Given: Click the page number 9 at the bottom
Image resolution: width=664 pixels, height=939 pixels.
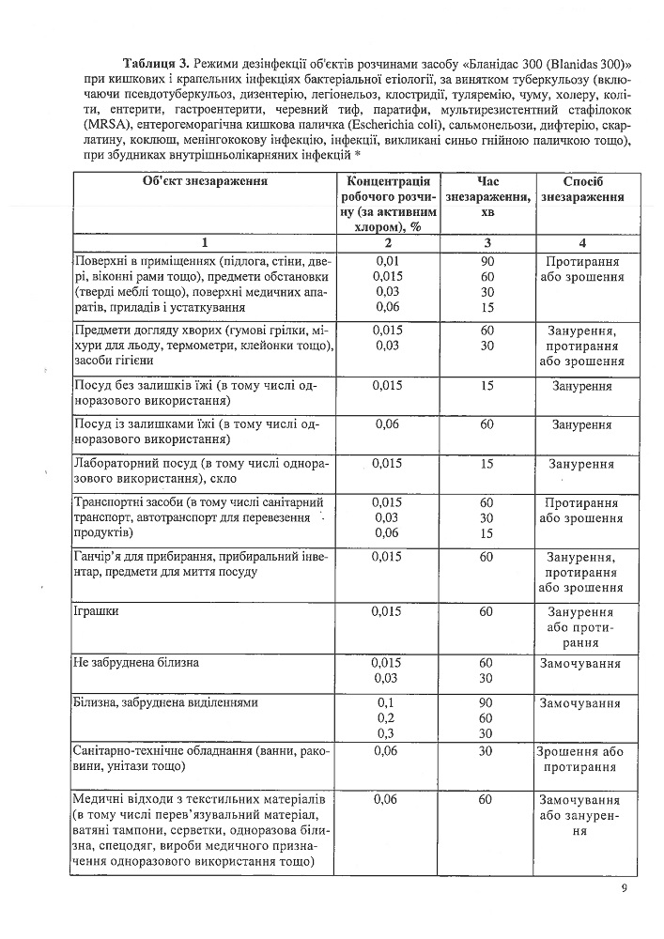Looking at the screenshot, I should click(623, 889).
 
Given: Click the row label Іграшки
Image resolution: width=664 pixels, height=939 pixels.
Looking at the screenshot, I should click(93, 612).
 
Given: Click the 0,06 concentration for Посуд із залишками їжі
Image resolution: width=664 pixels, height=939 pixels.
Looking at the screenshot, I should click(387, 424).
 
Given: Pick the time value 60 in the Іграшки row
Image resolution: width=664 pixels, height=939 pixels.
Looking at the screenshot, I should click(486, 612).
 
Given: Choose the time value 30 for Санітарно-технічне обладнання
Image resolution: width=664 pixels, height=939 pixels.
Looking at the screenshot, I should click(486, 751).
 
